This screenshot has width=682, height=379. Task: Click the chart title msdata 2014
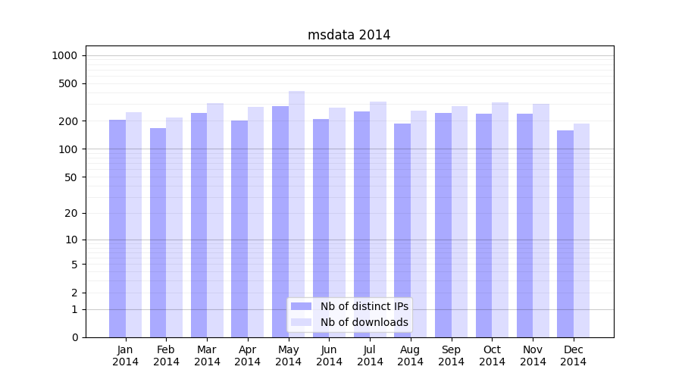[349, 35]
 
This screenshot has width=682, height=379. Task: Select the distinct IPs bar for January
[117, 227]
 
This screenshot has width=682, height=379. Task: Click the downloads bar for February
[174, 227]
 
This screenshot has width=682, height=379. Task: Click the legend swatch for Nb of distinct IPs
[301, 306]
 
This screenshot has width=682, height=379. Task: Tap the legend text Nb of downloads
[364, 322]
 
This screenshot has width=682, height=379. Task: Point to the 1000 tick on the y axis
[64, 55]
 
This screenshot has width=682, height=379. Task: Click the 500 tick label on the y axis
[68, 83]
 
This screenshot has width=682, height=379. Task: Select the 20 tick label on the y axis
[70, 213]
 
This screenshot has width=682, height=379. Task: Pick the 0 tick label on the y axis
[74, 337]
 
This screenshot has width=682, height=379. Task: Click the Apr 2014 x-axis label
[248, 356]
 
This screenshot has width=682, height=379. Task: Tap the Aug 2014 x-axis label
[410, 356]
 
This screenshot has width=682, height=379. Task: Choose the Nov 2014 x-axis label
[533, 356]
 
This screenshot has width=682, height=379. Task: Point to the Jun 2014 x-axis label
[329, 356]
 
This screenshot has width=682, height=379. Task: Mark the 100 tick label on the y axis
[68, 149]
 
